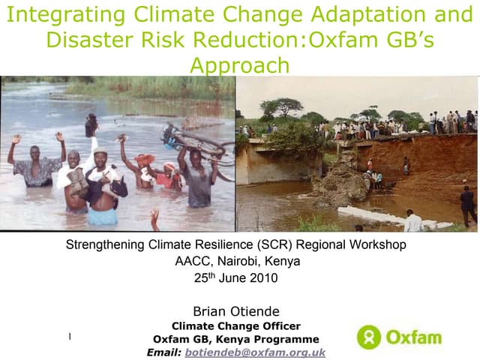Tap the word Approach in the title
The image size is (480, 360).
pyautogui.click(x=239, y=65)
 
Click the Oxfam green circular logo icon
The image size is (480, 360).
pyautogui.click(x=369, y=337)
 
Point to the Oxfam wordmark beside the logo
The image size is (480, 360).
pyautogui.click(x=413, y=337)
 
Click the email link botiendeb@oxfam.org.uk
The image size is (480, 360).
pyautogui.click(x=255, y=352)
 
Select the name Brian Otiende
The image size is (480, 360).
pyautogui.click(x=236, y=311)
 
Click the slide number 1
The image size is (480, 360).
pyautogui.click(x=70, y=337)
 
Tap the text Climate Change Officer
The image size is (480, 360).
pyautogui.click(x=236, y=325)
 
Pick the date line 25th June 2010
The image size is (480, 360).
pyautogui.click(x=236, y=277)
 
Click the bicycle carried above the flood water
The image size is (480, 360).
pyautogui.click(x=196, y=142)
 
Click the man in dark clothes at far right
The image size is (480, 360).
pyautogui.click(x=467, y=205)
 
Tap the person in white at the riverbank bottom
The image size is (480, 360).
pyautogui.click(x=412, y=220)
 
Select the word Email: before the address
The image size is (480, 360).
pyautogui.click(x=163, y=352)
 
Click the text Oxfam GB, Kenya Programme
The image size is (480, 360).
pyautogui.click(x=236, y=339)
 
